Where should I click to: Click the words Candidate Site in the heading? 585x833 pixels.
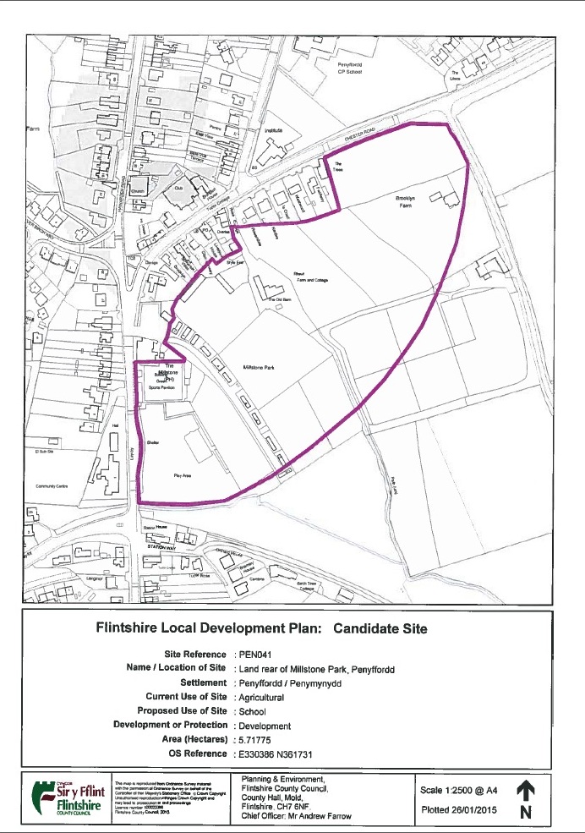380,629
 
